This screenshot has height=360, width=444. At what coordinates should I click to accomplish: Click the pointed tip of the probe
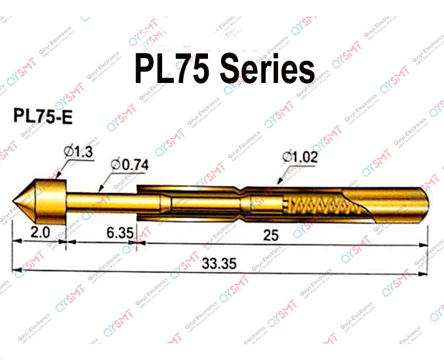(18, 197)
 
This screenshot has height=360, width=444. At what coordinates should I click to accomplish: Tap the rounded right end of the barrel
(425, 205)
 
